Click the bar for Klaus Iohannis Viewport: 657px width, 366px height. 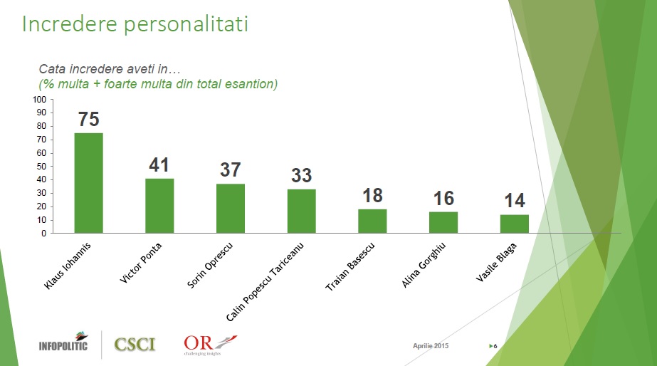(x=88, y=183)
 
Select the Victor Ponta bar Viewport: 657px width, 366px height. (x=159, y=205)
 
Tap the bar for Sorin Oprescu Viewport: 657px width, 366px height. (x=230, y=208)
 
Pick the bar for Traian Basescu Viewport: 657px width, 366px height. (x=372, y=221)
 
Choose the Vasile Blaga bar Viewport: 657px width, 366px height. (x=514, y=224)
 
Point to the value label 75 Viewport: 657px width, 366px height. (x=88, y=120)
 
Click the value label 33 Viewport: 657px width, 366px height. (x=301, y=175)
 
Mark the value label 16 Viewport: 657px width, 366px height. (x=443, y=198)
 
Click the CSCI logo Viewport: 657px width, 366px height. (x=135, y=345)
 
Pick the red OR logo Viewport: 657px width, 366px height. (x=209, y=343)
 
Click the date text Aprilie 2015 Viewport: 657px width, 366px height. (x=431, y=345)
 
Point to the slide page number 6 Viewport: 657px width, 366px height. (x=495, y=346)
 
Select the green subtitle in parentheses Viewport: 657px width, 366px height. (x=157, y=84)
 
